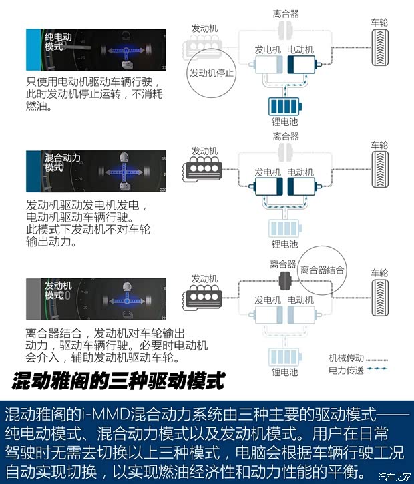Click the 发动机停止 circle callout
tap(212, 73)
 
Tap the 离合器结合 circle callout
tap(323, 270)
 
